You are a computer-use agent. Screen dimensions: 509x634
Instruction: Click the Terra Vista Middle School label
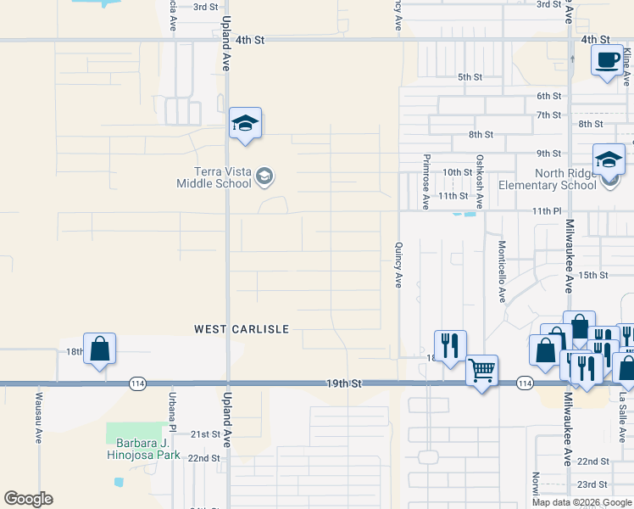point(214,177)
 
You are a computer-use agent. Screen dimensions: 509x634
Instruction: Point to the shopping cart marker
point(481,369)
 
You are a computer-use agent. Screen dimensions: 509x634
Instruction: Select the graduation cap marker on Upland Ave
point(245,124)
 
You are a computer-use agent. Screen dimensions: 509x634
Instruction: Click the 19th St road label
point(344,384)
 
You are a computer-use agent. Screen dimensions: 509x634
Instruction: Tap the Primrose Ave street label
point(425,182)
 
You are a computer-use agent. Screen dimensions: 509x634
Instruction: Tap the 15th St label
point(593,275)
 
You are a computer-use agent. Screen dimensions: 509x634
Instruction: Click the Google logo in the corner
point(28,499)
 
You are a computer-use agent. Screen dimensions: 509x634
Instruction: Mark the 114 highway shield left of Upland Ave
point(136,384)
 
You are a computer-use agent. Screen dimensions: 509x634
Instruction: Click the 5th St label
point(470,77)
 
